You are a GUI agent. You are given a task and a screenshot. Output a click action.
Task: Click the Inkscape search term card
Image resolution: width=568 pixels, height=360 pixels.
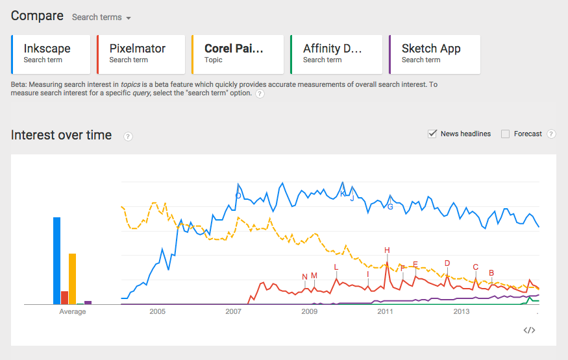click(x=51, y=54)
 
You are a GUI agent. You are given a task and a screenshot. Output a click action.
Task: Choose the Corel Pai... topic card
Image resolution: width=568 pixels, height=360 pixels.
click(x=237, y=54)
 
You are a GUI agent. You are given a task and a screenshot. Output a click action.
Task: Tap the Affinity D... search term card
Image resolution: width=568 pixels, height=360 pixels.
click(x=336, y=54)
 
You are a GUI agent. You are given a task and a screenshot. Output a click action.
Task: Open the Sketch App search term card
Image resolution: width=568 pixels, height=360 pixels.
click(x=434, y=54)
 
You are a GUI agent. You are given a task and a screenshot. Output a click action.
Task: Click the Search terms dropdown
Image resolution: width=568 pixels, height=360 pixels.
click(x=101, y=18)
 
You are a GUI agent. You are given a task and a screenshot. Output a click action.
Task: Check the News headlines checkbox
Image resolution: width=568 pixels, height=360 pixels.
click(x=432, y=134)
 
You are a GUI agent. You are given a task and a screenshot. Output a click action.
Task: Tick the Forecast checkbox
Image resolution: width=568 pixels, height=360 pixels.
click(x=506, y=134)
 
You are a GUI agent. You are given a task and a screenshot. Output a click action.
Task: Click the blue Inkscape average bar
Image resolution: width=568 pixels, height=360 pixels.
click(x=56, y=260)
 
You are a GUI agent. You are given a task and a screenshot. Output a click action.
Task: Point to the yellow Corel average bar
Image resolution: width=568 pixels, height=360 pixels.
click(x=72, y=278)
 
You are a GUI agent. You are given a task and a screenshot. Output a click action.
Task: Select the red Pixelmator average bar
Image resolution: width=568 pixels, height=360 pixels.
click(x=64, y=297)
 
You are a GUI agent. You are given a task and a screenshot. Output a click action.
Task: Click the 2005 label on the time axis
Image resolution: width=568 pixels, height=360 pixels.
click(x=157, y=312)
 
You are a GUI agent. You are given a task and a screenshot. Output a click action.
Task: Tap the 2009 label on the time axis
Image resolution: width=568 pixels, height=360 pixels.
click(x=309, y=312)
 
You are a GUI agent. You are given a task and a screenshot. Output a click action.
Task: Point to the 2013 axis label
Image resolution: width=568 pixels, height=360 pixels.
click(x=461, y=312)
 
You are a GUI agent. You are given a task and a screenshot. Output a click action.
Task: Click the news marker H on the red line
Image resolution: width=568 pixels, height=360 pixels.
click(x=387, y=250)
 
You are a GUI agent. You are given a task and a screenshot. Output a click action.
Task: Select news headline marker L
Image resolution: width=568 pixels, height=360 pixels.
click(x=336, y=267)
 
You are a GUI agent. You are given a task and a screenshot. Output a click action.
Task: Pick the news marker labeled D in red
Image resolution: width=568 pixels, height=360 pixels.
click(x=447, y=263)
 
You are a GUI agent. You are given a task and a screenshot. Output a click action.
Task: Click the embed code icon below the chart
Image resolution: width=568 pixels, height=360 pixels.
click(x=529, y=330)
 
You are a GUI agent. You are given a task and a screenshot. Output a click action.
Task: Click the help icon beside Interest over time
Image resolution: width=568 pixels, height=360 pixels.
click(x=128, y=136)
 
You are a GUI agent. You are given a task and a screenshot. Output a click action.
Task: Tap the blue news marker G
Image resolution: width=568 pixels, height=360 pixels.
click(x=390, y=207)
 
